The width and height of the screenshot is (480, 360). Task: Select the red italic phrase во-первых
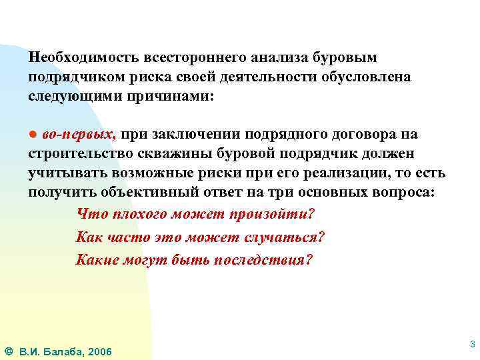tap(79, 135)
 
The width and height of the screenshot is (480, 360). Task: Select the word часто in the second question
tap(127, 237)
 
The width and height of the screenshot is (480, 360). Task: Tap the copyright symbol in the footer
tap(9, 351)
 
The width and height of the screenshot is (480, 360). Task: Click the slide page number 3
tap(472, 344)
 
